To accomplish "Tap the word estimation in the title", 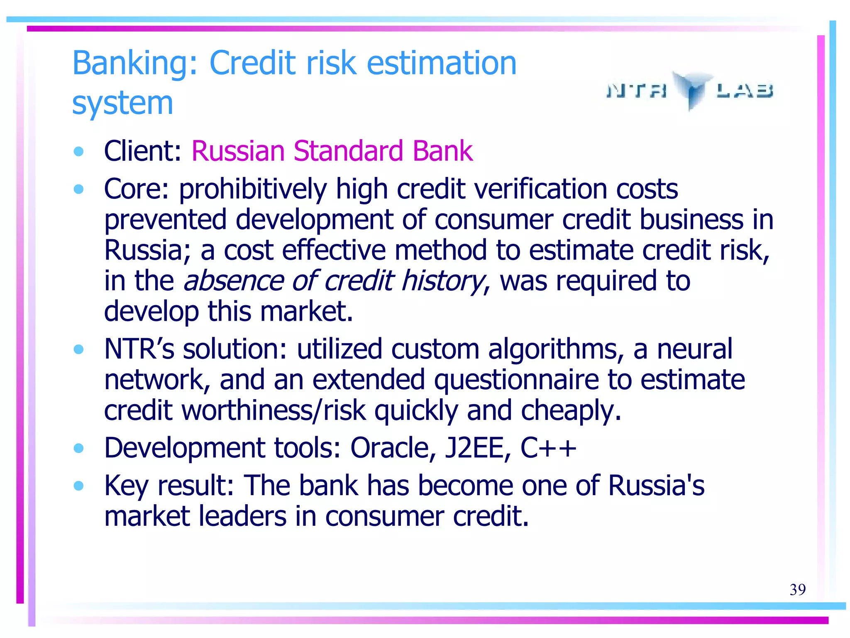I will click(442, 63).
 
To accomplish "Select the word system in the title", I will click(122, 103).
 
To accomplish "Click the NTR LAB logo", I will click(690, 90).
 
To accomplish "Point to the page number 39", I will click(797, 589).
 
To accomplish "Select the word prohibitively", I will click(253, 189).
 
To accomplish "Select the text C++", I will click(548, 448).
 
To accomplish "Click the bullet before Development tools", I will click(78, 448).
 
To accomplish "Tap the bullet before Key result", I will click(78, 486).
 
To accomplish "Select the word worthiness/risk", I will click(274, 410).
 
